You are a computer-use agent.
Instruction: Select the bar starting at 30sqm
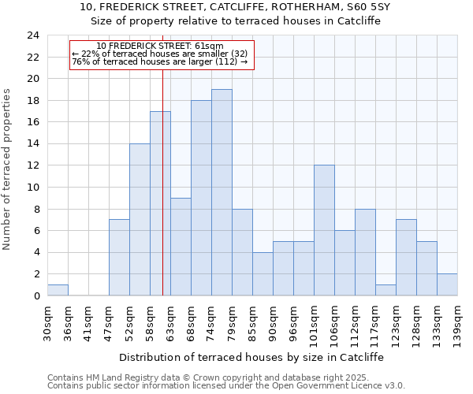[58, 290]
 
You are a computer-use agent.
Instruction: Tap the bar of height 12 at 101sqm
[324, 230]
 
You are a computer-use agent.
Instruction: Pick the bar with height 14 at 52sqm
[140, 220]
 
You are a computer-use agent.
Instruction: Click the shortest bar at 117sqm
[385, 290]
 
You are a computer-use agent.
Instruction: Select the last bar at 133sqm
[447, 284]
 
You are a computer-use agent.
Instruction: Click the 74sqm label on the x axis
[211, 320]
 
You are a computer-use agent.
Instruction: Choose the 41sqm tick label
[88, 320]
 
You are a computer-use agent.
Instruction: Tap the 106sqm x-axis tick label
[334, 322]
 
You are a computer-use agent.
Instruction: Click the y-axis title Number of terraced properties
[7, 169]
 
